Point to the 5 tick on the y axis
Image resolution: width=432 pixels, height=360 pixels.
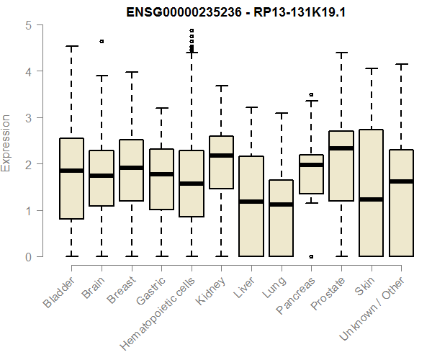pyautogui.click(x=28, y=25)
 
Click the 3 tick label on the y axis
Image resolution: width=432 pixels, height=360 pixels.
pyautogui.click(x=28, y=118)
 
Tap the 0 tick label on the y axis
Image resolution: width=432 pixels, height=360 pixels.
pyautogui.click(x=28, y=257)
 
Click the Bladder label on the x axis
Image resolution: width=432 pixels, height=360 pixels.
pyautogui.click(x=58, y=292)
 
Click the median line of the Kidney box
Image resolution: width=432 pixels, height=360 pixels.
pyautogui.click(x=221, y=156)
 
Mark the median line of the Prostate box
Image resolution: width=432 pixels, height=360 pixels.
pyautogui.click(x=341, y=148)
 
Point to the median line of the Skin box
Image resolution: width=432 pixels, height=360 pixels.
pyautogui.click(x=371, y=199)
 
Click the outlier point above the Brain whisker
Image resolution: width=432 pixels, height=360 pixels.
pyautogui.click(x=102, y=42)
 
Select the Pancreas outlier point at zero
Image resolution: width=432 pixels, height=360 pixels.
pyautogui.click(x=311, y=256)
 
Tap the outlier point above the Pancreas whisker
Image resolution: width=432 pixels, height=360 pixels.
pyautogui.click(x=311, y=94)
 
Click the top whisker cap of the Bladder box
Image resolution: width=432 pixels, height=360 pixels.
pyautogui.click(x=71, y=47)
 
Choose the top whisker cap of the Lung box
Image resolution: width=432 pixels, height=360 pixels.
pyautogui.click(x=281, y=113)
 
